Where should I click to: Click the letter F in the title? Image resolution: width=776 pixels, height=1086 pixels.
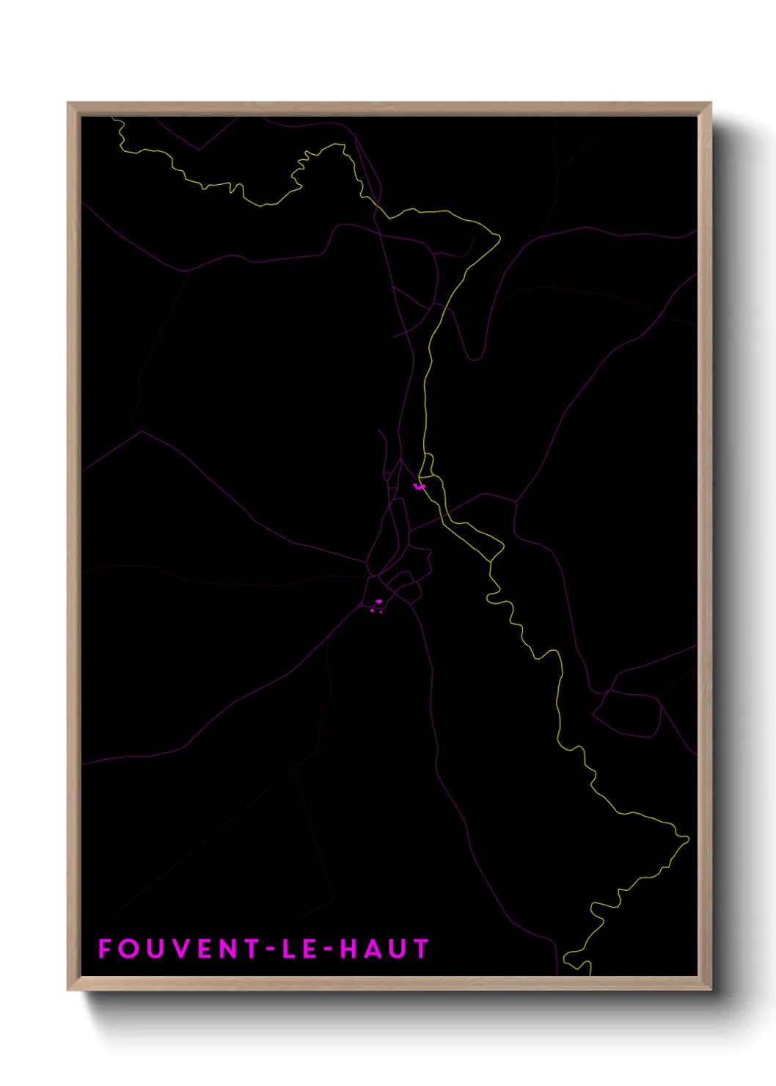pyautogui.click(x=105, y=949)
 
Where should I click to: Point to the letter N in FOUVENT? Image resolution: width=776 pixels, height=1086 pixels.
pyautogui.click(x=228, y=949)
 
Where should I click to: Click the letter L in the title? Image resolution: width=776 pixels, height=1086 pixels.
pyautogui.click(x=288, y=949)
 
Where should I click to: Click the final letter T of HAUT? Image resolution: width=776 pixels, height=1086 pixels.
pyautogui.click(x=421, y=949)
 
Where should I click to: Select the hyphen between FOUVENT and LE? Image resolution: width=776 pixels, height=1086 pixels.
pyautogui.click(x=269, y=950)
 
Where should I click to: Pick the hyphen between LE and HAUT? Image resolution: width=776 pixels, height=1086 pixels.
pyautogui.click(x=328, y=950)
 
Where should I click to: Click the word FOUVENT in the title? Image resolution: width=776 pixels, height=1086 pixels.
pyautogui.click(x=179, y=949)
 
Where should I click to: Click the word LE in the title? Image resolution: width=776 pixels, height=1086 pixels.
pyautogui.click(x=299, y=949)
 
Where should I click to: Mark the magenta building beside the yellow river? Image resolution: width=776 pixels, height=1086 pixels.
pyautogui.click(x=420, y=486)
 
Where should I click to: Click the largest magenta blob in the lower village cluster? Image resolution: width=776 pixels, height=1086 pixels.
pyautogui.click(x=378, y=602)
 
